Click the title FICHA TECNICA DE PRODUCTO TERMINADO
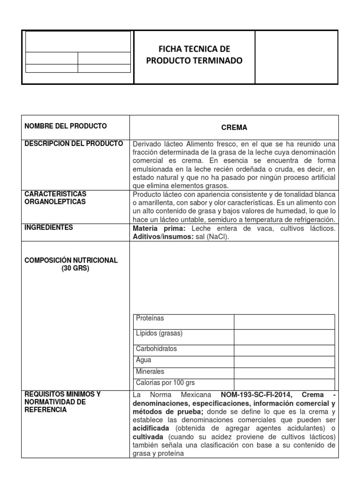[194, 55]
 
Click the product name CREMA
[234, 127]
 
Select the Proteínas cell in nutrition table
[150, 319]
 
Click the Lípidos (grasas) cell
[159, 333]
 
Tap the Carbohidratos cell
[157, 349]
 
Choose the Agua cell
[144, 360]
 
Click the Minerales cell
[150, 371]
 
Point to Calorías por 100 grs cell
[165, 382]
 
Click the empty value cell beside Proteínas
[284, 322]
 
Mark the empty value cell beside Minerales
[284, 373]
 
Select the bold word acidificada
[152, 428]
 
